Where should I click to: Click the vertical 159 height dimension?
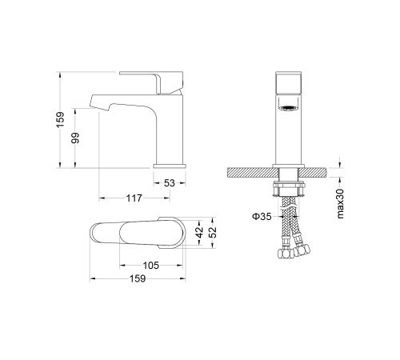pos(61,120)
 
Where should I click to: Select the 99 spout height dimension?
pos(76,138)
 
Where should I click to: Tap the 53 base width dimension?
pos(170,183)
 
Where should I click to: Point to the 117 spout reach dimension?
pos(134,198)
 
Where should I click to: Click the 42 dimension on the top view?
pos(199,231)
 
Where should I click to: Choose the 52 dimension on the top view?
pos(213,232)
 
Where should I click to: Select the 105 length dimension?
pos(151,266)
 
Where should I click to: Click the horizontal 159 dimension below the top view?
pos(138,279)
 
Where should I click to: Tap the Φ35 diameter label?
pos(262,217)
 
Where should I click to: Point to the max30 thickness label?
pos(341,204)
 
